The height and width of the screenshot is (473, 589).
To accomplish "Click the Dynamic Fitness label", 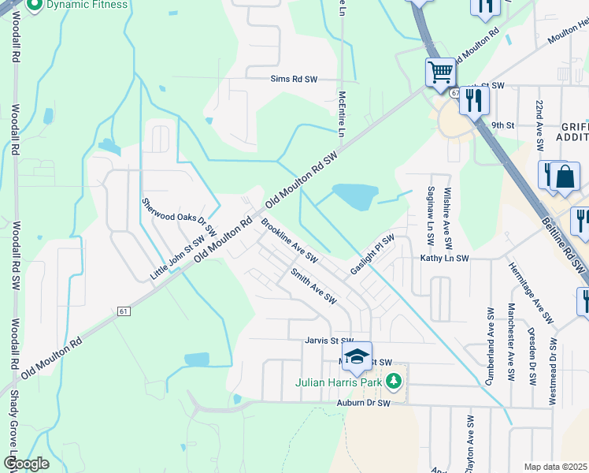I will tap(86, 5).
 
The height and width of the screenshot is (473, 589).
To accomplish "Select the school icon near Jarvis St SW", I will tap(357, 356).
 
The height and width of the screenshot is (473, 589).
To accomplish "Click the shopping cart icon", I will tap(441, 73).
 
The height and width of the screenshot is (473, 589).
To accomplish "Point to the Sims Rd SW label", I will tap(293, 80).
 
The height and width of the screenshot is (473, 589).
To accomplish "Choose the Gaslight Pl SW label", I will tap(372, 253).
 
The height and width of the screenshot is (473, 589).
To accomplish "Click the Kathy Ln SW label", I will tap(444, 258).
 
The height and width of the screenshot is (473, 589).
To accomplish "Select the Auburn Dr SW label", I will tap(363, 403).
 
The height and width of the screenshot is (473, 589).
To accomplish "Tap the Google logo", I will tap(25, 464).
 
